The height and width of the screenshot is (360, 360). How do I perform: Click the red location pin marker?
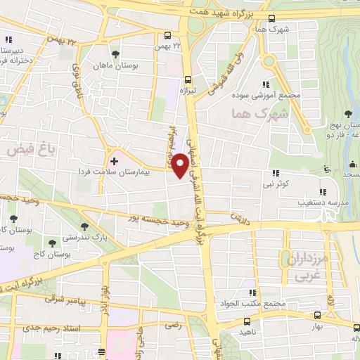(181, 166)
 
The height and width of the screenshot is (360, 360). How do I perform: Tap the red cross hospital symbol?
(115, 162)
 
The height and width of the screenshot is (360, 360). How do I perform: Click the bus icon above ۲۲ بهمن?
(167, 36)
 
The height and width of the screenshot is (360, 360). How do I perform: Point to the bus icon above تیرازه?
(187, 79)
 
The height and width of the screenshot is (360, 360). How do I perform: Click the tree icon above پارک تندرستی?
(85, 226)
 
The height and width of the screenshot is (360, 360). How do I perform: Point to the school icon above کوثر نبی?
(275, 173)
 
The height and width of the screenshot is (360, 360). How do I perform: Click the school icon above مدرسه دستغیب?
(322, 191)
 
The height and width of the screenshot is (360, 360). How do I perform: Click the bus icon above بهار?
(317, 316)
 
